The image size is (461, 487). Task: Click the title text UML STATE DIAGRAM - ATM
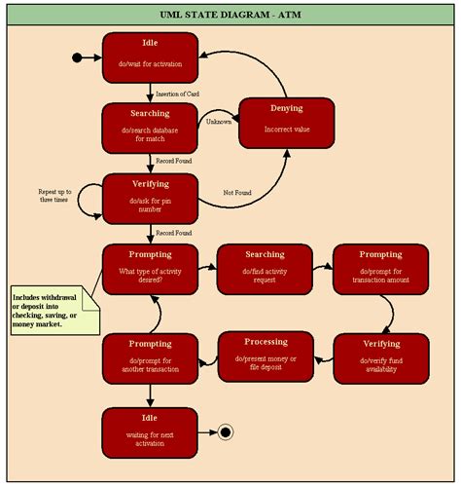230,15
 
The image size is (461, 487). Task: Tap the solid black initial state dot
77,57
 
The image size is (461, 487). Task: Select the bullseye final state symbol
226,431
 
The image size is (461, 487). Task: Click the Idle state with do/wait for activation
150,56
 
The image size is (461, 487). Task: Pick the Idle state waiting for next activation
150,432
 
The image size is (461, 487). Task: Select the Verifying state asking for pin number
150,199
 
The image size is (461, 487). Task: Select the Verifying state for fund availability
381,358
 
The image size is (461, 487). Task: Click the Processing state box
266,356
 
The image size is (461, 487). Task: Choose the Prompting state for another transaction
150,358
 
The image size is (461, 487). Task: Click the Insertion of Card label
178,94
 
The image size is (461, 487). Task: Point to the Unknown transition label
219,121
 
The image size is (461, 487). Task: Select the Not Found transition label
237,193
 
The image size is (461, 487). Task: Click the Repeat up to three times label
53,194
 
